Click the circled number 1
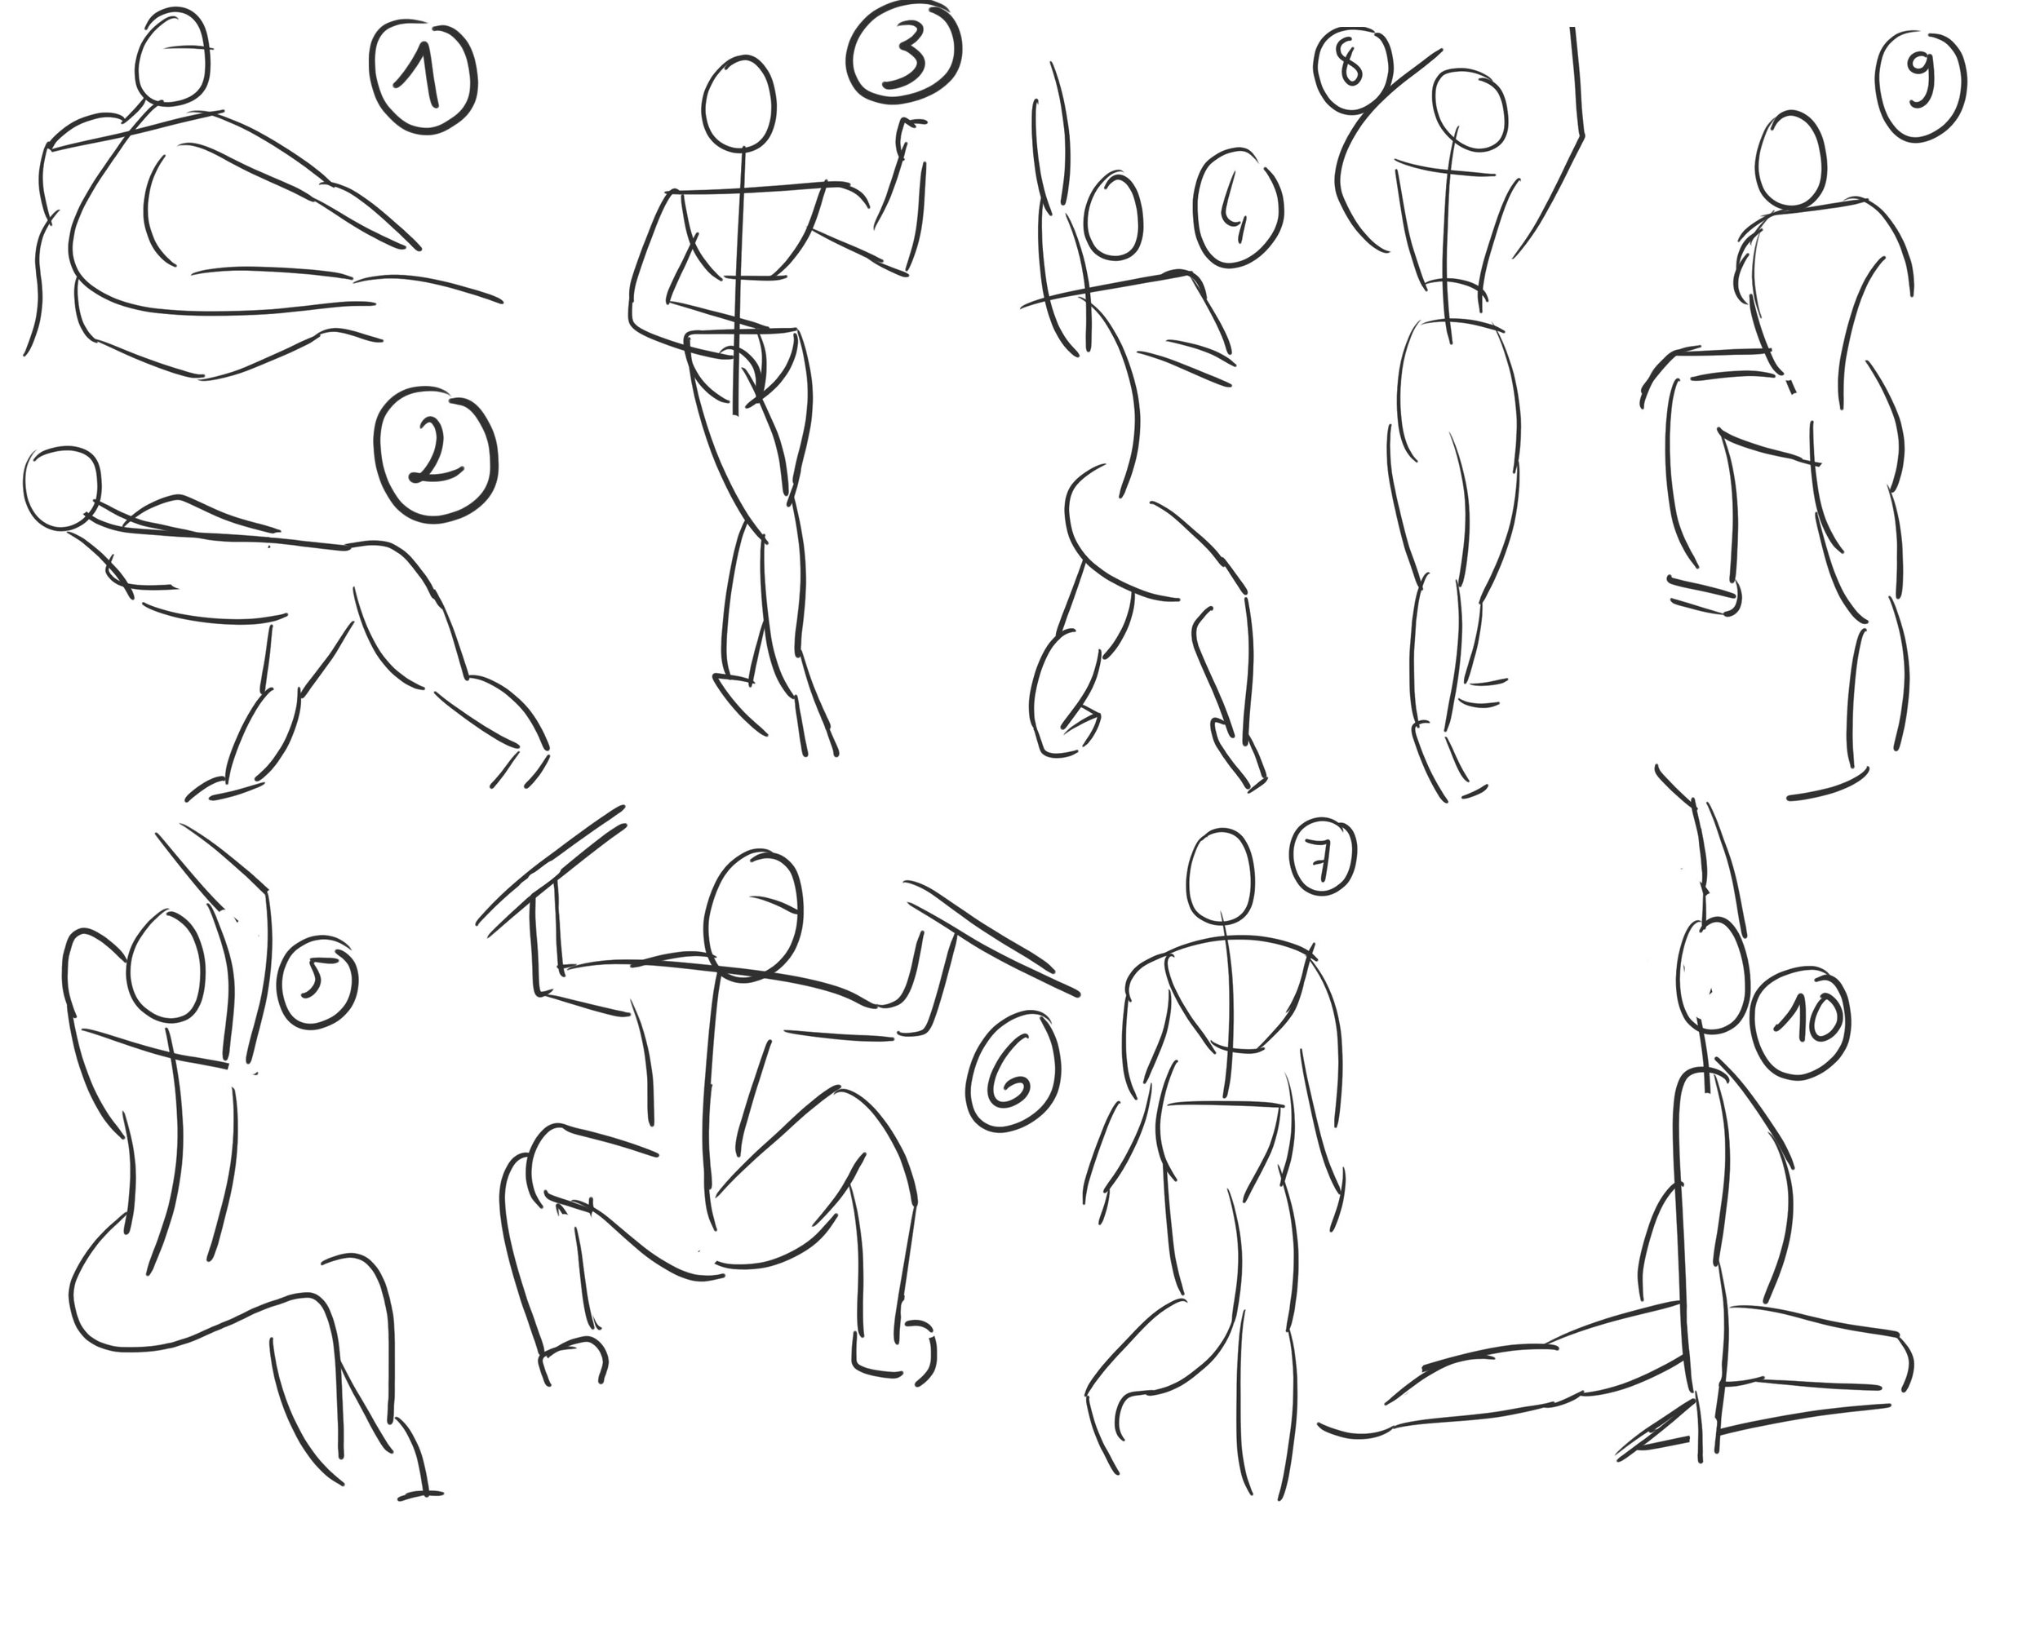422,79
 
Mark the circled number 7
1322,857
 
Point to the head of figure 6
755,913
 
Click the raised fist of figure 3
910,135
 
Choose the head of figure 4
1115,215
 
